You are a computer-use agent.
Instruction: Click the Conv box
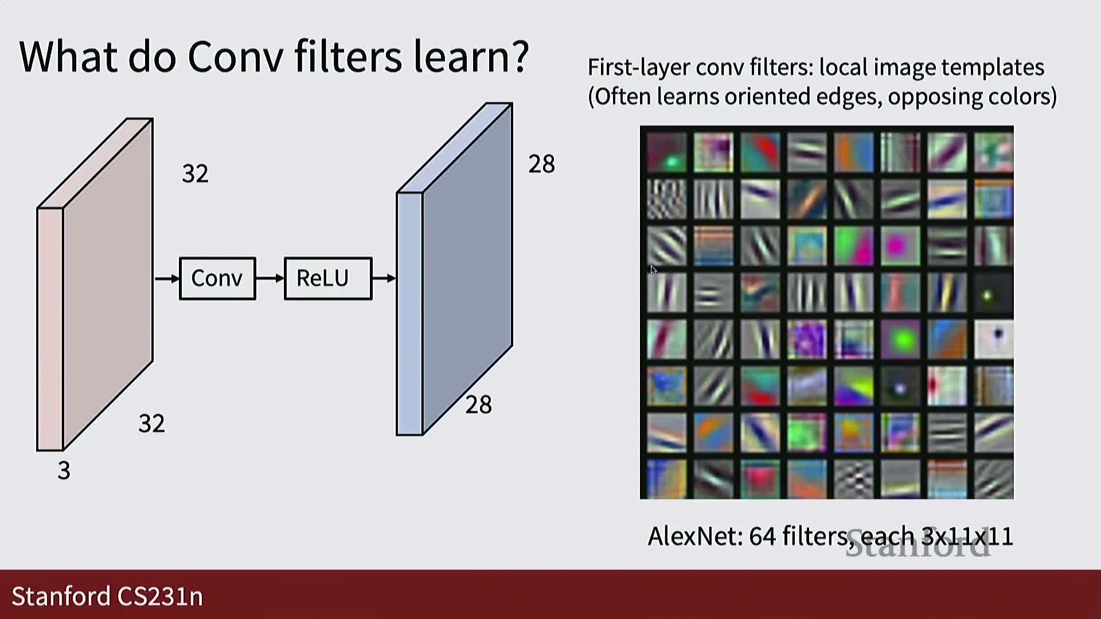pyautogui.click(x=217, y=279)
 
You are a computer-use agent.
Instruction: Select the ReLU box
pyautogui.click(x=328, y=279)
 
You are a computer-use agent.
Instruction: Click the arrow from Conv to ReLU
pyautogui.click(x=270, y=279)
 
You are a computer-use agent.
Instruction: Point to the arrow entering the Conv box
pyautogui.click(x=167, y=279)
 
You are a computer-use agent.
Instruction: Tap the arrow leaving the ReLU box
pyautogui.click(x=384, y=279)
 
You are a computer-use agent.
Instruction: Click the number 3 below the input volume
pyautogui.click(x=64, y=471)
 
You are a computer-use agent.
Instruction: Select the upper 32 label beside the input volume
pyautogui.click(x=195, y=174)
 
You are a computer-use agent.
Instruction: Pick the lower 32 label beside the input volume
pyautogui.click(x=151, y=424)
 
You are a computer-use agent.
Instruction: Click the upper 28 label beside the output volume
pyautogui.click(x=541, y=164)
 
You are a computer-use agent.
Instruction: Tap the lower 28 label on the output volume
pyautogui.click(x=478, y=405)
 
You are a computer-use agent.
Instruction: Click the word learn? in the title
pyautogui.click(x=470, y=56)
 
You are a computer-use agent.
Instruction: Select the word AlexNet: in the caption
pyautogui.click(x=695, y=536)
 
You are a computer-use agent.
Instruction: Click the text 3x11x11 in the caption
pyautogui.click(x=967, y=536)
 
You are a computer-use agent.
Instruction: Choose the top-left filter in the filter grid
pyautogui.click(x=666, y=152)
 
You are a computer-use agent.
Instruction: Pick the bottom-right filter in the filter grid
pyautogui.click(x=994, y=479)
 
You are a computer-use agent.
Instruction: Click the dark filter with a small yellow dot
pyautogui.click(x=994, y=292)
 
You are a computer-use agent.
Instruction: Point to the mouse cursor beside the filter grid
pyautogui.click(x=653, y=270)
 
